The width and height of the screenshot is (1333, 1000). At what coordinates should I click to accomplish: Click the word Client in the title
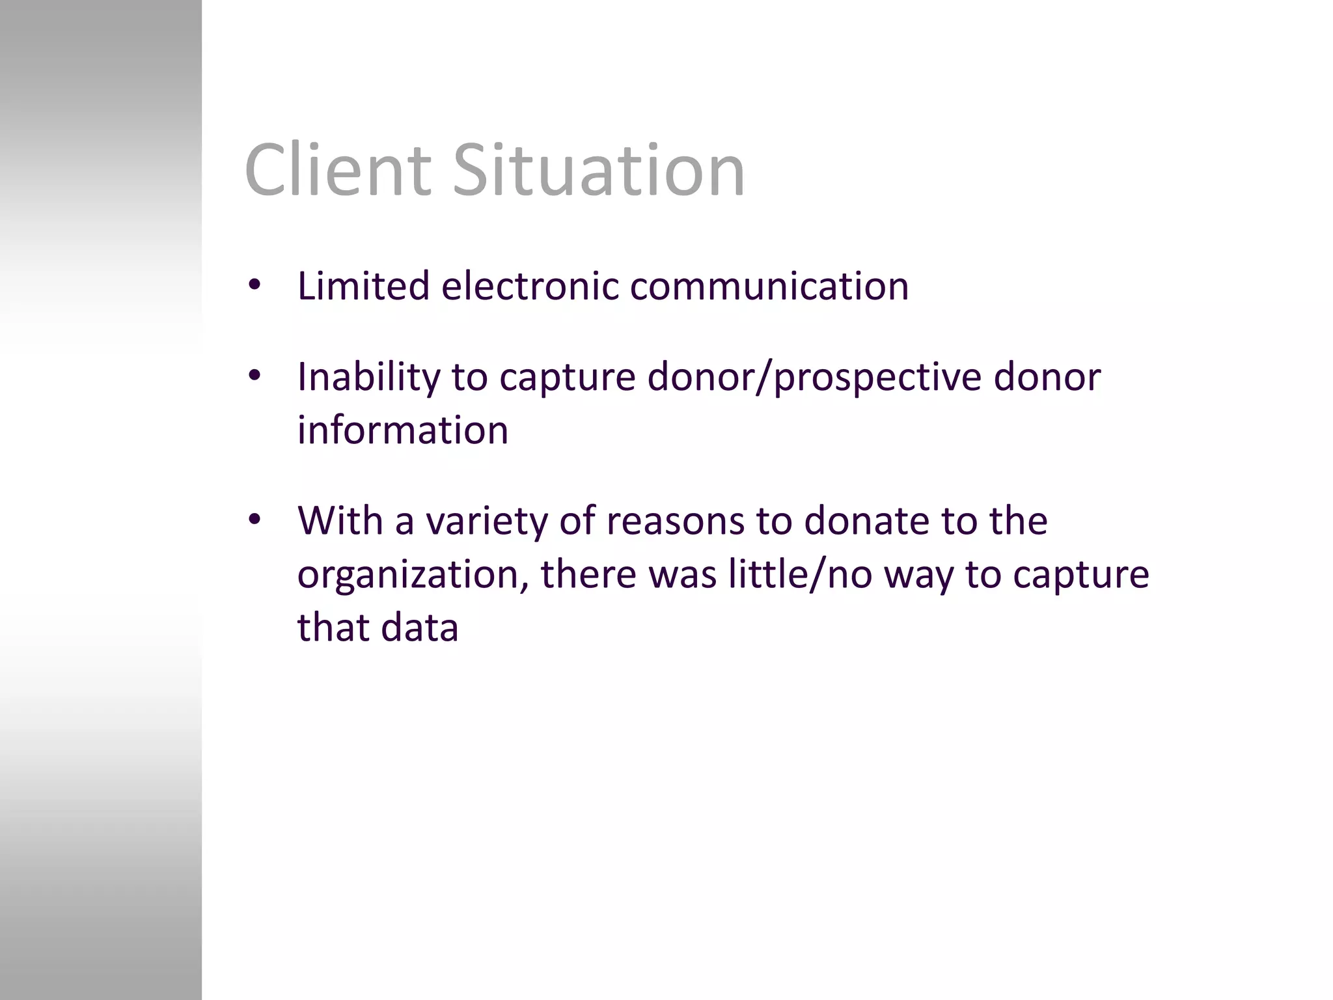337,171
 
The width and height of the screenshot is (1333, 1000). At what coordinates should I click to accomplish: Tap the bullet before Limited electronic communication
254,285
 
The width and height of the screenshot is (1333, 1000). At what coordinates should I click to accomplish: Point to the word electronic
529,286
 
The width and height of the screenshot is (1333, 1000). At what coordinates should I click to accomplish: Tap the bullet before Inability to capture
254,376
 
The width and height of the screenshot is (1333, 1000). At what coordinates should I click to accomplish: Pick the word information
402,431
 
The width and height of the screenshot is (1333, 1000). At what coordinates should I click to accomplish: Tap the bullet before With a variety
254,520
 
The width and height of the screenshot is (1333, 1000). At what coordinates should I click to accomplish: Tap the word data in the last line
420,628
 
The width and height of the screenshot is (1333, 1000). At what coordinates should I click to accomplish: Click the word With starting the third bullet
340,521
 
